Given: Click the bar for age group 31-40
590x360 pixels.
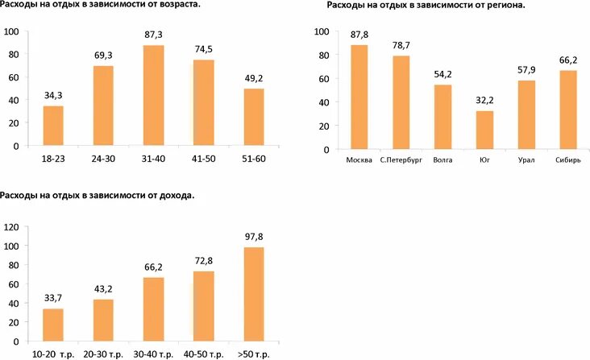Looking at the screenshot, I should pyautogui.click(x=154, y=96).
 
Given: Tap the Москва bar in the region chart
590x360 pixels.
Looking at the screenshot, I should pyautogui.click(x=359, y=97).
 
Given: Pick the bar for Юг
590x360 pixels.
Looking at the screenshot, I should pyautogui.click(x=484, y=130).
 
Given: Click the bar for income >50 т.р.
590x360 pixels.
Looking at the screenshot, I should pyautogui.click(x=253, y=294).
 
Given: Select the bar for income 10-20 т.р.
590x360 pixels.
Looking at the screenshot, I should pyautogui.click(x=53, y=325).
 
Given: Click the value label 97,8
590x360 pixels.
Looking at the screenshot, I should pyautogui.click(x=253, y=237).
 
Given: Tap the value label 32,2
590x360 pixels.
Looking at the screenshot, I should pyautogui.click(x=484, y=101).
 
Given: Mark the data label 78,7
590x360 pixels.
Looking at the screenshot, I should pyautogui.click(x=401, y=46).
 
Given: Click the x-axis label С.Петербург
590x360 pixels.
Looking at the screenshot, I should pyautogui.click(x=401, y=160).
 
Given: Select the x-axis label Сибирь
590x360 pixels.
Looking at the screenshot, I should pyautogui.click(x=568, y=160).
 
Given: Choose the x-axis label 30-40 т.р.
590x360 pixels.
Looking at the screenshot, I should pyautogui.click(x=154, y=354).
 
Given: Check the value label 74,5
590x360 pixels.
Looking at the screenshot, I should pyautogui.click(x=204, y=49).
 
